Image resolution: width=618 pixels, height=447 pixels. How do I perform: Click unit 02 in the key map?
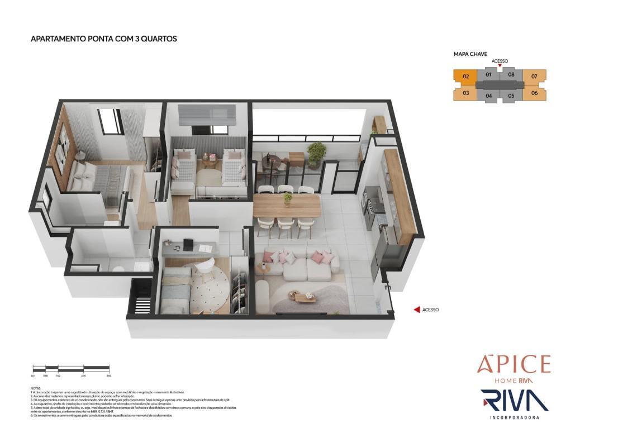coord(465,77)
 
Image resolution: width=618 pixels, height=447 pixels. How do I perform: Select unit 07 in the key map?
coord(534,77)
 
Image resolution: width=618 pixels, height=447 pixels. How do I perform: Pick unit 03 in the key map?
coord(465,93)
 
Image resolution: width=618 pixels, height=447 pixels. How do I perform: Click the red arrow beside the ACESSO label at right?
coord(416,310)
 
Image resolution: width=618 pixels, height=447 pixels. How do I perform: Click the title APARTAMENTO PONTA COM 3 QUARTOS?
coord(103,39)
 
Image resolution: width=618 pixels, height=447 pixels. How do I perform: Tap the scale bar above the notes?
coord(71,368)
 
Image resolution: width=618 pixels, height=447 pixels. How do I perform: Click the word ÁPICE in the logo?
coord(514,365)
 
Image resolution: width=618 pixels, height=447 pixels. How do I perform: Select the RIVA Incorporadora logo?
coord(514,403)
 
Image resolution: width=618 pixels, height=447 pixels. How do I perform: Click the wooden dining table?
coord(287,206)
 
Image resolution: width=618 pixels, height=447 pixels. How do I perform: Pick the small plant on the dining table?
coord(288,197)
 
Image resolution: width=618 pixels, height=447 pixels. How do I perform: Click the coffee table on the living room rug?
coord(305,297)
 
